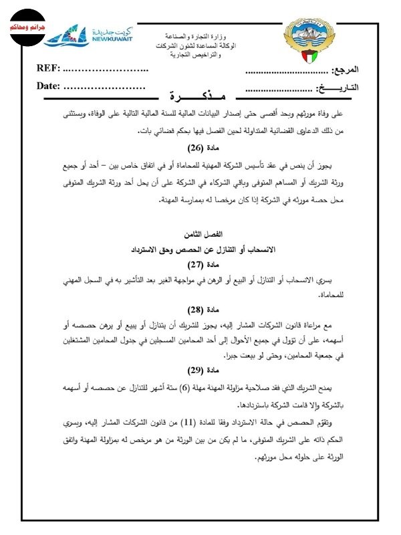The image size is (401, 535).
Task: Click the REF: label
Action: click(49, 68)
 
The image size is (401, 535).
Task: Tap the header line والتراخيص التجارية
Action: click(196, 52)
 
